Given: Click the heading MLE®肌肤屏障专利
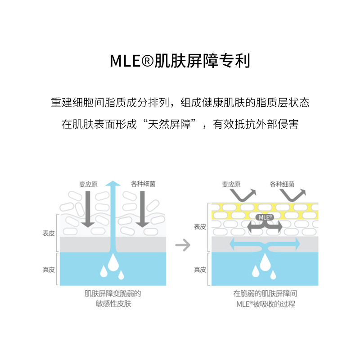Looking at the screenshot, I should [180, 61].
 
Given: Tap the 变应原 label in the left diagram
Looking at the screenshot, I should [88, 184].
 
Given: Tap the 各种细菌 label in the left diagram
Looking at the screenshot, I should [144, 184].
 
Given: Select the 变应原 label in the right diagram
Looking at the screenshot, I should [231, 184].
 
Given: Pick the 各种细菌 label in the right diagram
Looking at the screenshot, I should [282, 184].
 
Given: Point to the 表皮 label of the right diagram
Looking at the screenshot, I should [200, 227].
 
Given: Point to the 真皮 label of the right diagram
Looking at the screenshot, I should [200, 270].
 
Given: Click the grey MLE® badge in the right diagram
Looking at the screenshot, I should [265, 217].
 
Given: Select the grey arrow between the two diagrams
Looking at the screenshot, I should [182, 245].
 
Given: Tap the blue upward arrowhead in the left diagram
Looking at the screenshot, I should [115, 184].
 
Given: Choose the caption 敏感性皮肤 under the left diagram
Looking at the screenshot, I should [113, 304].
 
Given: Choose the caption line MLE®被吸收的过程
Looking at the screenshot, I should [265, 304].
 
